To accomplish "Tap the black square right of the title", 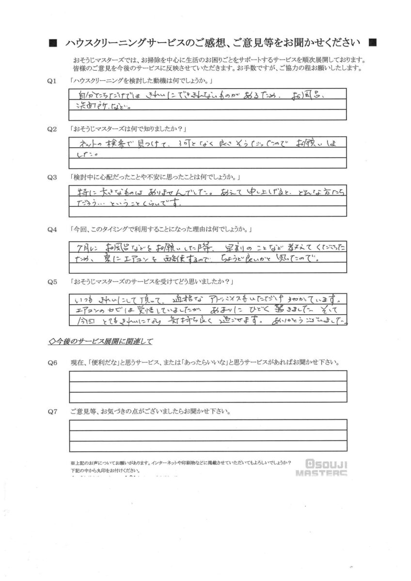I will coord(372,43).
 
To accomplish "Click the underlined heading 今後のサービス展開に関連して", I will coord(101,342).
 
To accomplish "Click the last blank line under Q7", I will coord(208,446).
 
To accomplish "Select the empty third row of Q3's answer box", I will coord(208,212).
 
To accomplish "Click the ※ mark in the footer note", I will coord(73,463).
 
